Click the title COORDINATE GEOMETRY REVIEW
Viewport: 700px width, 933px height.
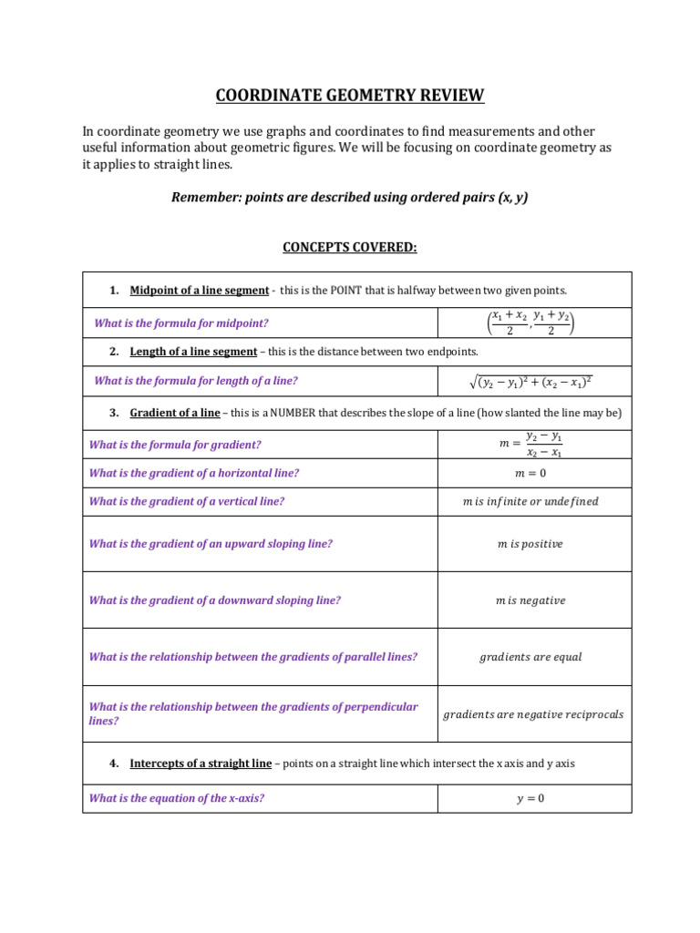click(x=350, y=95)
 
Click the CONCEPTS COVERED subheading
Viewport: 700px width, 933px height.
click(x=350, y=247)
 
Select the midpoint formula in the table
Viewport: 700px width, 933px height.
click(x=533, y=323)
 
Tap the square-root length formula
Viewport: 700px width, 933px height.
click(x=533, y=382)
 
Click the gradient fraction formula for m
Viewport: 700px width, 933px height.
click(x=533, y=445)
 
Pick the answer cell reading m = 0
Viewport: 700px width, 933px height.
click(x=533, y=473)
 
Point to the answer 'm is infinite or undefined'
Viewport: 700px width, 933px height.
click(x=533, y=501)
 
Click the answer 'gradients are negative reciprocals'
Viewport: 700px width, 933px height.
click(x=533, y=714)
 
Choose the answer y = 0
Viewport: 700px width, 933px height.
click(x=533, y=799)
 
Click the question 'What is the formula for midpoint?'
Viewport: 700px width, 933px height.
click(x=181, y=323)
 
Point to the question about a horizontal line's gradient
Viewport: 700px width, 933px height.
click(x=193, y=473)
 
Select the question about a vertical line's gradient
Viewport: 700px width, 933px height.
click(x=186, y=501)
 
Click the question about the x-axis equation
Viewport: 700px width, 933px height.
click(x=176, y=798)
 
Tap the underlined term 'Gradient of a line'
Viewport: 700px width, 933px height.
click(x=175, y=413)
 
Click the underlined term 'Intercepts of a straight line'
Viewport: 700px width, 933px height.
click(x=201, y=764)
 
